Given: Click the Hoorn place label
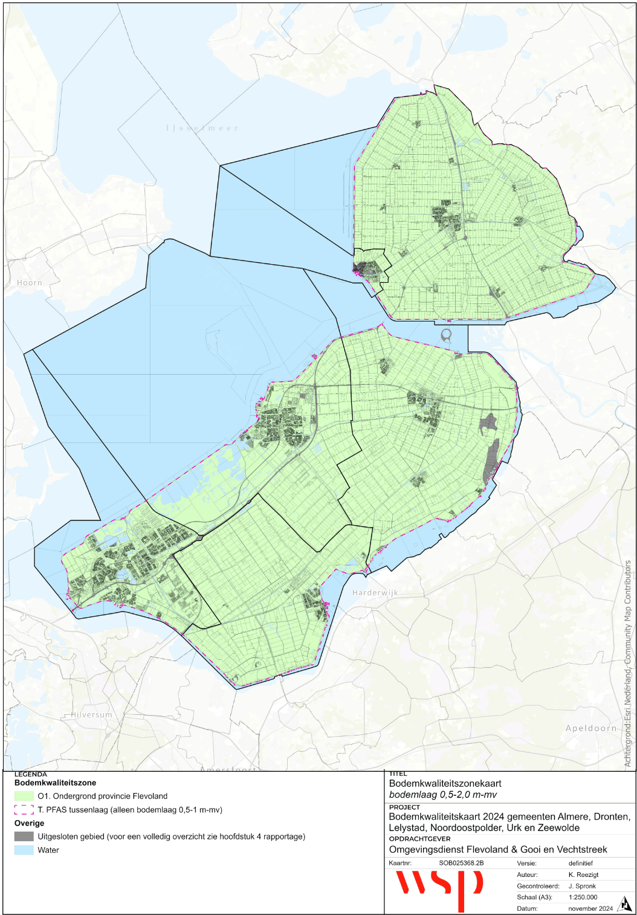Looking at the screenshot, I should [x=30, y=283].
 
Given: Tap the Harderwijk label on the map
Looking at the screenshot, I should [x=375, y=593].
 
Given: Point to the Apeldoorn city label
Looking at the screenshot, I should [x=591, y=728].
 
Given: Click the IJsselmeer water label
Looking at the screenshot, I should [x=202, y=128].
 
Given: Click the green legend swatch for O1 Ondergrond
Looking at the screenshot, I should [x=24, y=796].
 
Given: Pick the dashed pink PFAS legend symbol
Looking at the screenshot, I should [x=24, y=810].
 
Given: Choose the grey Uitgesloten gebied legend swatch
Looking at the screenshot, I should [x=24, y=836].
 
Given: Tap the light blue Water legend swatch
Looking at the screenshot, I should [x=24, y=850].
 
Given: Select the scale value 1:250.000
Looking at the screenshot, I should [x=583, y=897].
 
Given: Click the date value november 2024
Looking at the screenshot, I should [x=590, y=908].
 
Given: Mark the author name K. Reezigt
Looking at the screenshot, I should [x=583, y=875].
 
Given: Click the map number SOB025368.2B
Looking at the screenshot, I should [x=461, y=863].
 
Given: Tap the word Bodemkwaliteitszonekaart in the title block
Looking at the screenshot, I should [x=445, y=783].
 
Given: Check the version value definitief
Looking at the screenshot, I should [x=580, y=863].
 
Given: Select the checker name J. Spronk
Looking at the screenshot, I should [x=582, y=886].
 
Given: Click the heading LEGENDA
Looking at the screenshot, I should [x=31, y=774].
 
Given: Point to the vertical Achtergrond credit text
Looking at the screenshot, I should [x=628, y=665].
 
